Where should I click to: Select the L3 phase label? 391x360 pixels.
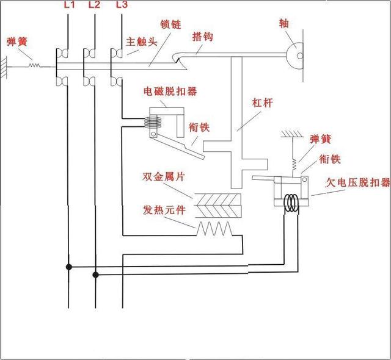point(121,6)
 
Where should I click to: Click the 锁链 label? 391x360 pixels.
point(170,24)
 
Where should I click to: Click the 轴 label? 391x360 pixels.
point(284,24)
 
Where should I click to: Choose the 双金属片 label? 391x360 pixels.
point(164,176)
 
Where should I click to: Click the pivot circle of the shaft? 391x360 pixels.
point(298,56)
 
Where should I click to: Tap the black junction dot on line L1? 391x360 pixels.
point(69,267)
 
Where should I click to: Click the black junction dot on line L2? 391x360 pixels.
point(95,275)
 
